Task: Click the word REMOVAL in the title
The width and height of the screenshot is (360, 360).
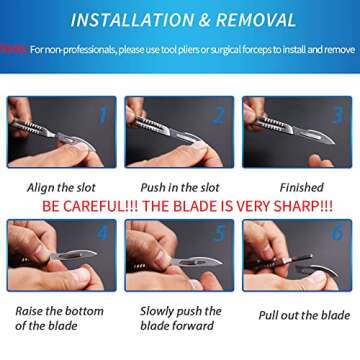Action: click(270, 19)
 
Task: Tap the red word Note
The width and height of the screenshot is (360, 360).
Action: click(13, 48)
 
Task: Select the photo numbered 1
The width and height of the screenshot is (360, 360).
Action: click(62, 132)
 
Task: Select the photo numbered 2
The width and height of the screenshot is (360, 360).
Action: click(180, 132)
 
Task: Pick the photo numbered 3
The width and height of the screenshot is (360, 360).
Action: click(296, 132)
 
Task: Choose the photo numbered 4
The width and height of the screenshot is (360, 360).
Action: click(62, 256)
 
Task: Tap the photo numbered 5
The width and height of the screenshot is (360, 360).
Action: click(180, 256)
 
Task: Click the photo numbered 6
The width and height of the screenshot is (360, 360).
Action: click(296, 256)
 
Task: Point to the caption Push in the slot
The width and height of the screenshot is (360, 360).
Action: click(180, 187)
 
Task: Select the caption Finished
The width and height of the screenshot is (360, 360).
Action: click(301, 187)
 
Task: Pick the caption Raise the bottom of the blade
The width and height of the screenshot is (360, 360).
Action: click(59, 318)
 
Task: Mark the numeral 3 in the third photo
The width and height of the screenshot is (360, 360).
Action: click(337, 114)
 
